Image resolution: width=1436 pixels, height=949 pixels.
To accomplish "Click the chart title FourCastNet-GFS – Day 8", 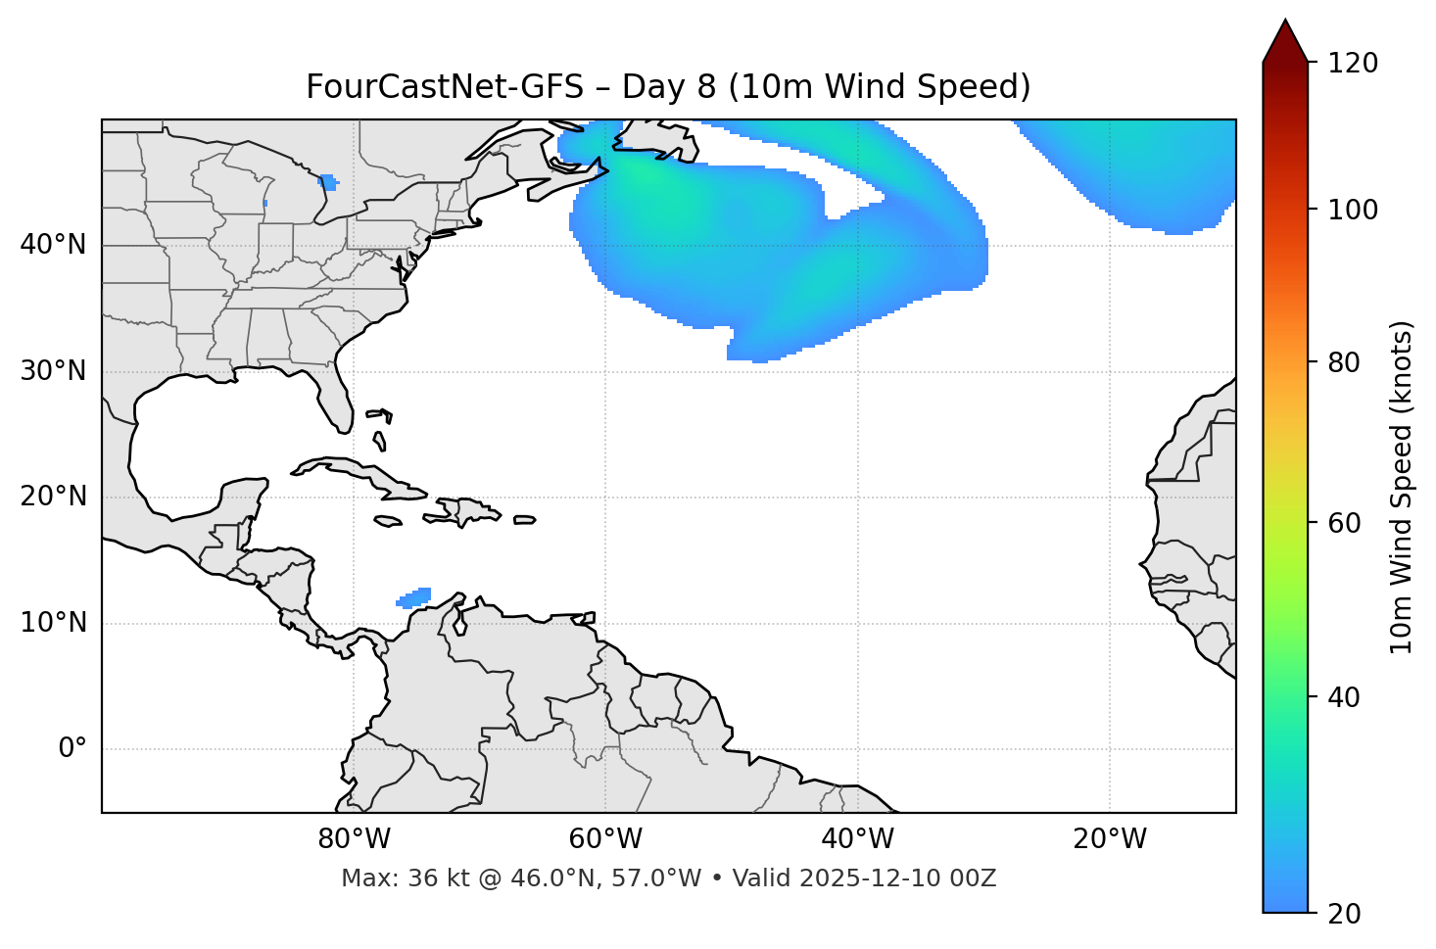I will pyautogui.click(x=668, y=87).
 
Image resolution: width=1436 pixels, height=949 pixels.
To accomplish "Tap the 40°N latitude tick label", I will pyautogui.click(x=53, y=245).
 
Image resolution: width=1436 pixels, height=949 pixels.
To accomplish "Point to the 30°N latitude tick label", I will pyautogui.click(x=53, y=371).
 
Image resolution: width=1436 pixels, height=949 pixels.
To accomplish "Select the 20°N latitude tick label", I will pyautogui.click(x=53, y=497).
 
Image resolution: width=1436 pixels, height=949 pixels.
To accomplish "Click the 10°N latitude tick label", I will pyautogui.click(x=53, y=623).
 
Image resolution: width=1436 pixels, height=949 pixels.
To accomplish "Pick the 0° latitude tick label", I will pyautogui.click(x=72, y=749).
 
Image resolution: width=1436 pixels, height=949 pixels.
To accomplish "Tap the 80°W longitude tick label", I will pyautogui.click(x=354, y=839).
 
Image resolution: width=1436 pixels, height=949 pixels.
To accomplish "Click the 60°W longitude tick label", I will pyautogui.click(x=605, y=839).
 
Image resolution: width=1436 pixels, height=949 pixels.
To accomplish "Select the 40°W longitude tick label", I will pyautogui.click(x=857, y=839).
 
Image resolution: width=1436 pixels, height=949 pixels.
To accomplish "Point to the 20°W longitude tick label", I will pyautogui.click(x=1110, y=839).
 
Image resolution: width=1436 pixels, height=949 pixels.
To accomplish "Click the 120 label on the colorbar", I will pyautogui.click(x=1353, y=64).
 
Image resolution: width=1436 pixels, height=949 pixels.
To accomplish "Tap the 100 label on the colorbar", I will pyautogui.click(x=1353, y=210).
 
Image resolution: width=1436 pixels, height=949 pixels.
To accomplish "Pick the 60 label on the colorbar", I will pyautogui.click(x=1347, y=523).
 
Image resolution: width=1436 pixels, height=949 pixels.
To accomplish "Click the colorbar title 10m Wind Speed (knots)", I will pyautogui.click(x=1401, y=487).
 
